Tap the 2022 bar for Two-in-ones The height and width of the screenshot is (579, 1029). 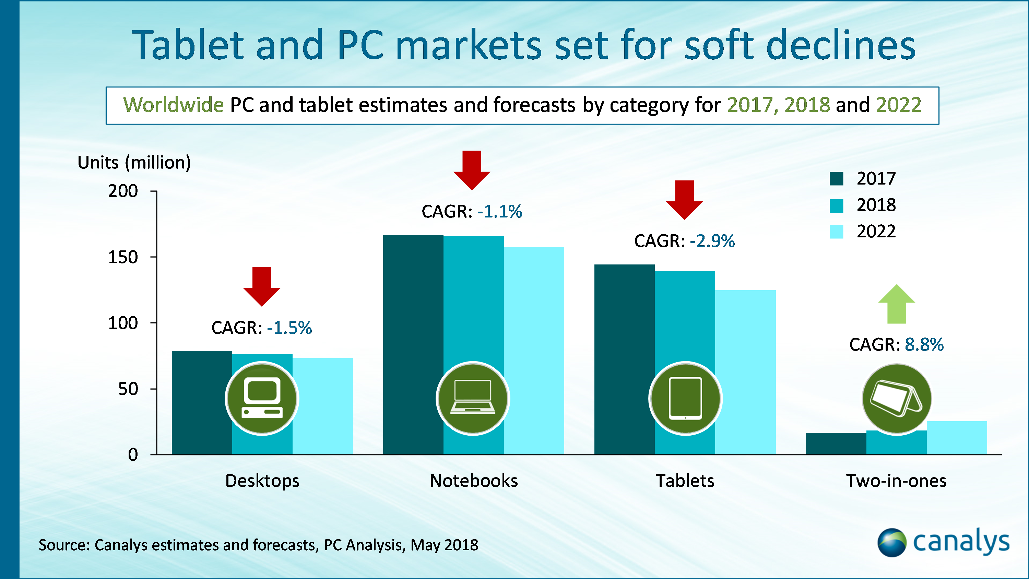click(957, 438)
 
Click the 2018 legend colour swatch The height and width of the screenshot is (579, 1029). click(836, 206)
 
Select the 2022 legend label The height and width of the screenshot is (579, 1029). click(876, 232)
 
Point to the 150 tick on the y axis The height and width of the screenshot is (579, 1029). click(123, 257)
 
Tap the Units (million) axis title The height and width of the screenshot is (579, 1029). click(134, 163)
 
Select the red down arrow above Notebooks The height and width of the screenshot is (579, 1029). click(472, 170)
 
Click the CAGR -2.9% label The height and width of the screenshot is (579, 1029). click(684, 241)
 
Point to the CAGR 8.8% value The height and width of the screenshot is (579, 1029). click(924, 344)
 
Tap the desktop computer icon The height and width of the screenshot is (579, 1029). click(262, 398)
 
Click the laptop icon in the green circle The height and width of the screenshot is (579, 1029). click(473, 398)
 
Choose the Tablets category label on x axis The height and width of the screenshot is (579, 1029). click(685, 481)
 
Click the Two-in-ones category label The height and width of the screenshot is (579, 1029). click(896, 481)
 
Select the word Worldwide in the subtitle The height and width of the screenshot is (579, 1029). click(173, 105)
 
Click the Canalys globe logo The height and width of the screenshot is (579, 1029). click(891, 542)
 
